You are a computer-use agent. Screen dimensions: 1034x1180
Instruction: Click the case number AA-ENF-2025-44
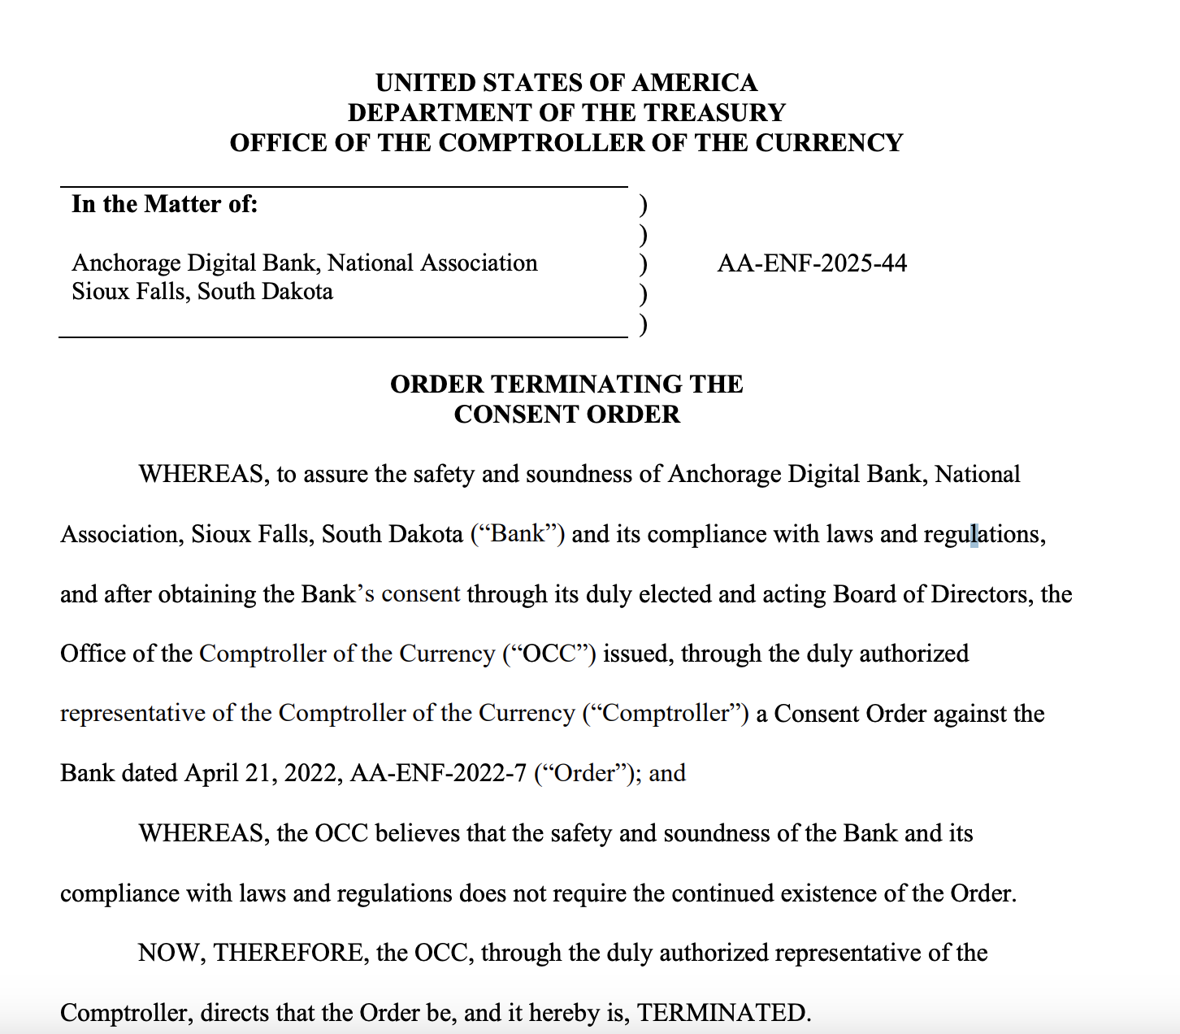click(812, 263)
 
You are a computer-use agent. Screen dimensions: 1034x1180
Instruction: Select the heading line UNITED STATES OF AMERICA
click(566, 83)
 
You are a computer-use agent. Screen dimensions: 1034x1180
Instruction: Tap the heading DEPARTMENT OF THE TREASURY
click(566, 113)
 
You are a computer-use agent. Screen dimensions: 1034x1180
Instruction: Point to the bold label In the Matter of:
click(164, 204)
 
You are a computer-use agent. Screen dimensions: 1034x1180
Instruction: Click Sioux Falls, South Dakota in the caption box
click(202, 292)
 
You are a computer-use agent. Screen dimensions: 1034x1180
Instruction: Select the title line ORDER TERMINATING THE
click(566, 384)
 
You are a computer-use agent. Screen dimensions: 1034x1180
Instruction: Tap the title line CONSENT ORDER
click(566, 415)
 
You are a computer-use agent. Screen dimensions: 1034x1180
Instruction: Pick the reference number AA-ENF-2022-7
click(438, 773)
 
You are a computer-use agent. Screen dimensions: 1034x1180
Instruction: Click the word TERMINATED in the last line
click(723, 1013)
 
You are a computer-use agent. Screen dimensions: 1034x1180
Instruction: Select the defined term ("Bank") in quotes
click(518, 534)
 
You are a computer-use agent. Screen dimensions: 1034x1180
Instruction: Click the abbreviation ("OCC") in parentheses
click(549, 654)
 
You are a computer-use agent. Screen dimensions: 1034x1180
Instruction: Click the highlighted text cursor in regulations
click(974, 535)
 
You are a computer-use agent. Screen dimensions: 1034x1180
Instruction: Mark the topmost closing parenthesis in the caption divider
click(643, 204)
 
